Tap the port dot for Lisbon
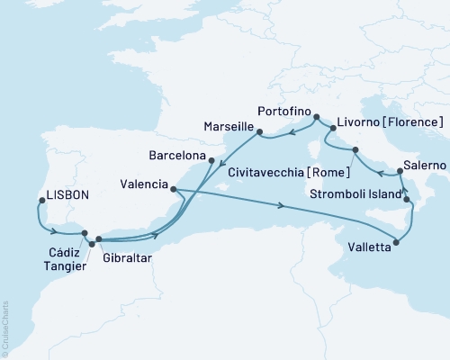pyautogui.click(x=39, y=202)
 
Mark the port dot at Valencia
pyautogui.click(x=172, y=189)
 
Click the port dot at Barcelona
pyautogui.click(x=211, y=161)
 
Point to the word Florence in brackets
pyautogui.click(x=415, y=121)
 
